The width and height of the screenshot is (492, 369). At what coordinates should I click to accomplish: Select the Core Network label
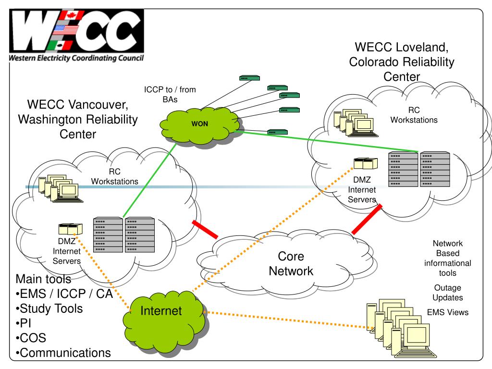point(291,264)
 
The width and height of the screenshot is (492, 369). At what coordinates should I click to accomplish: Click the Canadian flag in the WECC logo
point(72,16)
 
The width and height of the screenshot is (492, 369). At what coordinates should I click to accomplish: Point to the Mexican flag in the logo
point(60,45)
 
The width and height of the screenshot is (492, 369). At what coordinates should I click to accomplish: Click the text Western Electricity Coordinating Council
point(76,58)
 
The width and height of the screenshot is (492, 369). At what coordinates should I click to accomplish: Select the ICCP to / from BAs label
point(170,95)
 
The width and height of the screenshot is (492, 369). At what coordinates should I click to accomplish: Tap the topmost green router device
point(249,78)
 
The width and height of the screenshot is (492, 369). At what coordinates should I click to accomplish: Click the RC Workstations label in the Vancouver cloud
point(114,176)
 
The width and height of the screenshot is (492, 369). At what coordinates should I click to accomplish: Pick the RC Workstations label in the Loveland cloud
point(414,115)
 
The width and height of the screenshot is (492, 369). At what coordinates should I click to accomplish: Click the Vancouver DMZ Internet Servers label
point(66,251)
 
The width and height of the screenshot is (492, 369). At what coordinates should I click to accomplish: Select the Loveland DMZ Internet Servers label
point(362,189)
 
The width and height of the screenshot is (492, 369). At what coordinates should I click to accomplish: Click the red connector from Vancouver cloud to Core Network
point(205,229)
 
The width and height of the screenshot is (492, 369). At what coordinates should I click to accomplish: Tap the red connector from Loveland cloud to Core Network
point(367,219)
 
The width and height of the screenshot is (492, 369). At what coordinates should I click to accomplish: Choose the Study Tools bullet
point(49,309)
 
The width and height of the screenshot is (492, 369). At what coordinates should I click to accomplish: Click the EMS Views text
point(448,312)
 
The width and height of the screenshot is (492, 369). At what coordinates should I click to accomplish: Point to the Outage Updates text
point(448,293)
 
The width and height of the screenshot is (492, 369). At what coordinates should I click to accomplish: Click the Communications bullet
point(63,353)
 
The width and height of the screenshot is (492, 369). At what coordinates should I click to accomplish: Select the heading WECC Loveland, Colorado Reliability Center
point(402,62)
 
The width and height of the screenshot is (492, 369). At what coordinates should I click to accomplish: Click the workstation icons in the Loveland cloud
point(356,123)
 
